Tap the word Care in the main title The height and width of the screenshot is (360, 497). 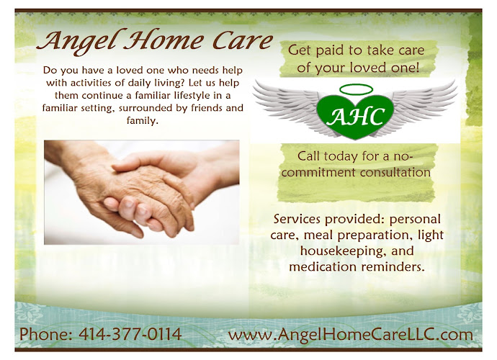coord(238,40)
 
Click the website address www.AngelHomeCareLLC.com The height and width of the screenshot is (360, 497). coord(350,334)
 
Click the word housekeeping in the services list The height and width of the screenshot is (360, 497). coord(328,251)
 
